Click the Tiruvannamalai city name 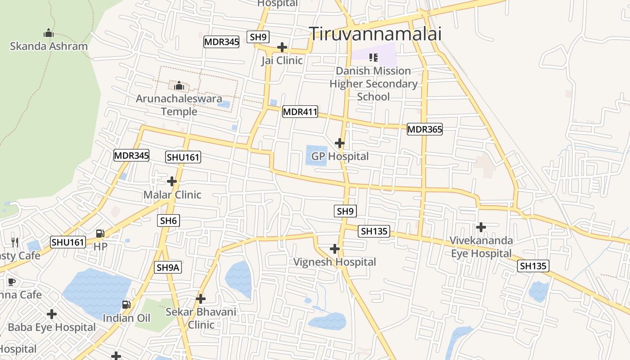pyautogui.click(x=375, y=34)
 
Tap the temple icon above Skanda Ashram pyautogui.click(x=48, y=33)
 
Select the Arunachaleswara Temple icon pyautogui.click(x=179, y=85)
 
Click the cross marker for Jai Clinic pyautogui.click(x=282, y=47)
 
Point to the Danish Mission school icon pyautogui.click(x=373, y=58)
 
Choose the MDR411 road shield pyautogui.click(x=300, y=112)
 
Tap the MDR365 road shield pyautogui.click(x=424, y=130)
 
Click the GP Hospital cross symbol pyautogui.click(x=340, y=143)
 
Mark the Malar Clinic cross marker pyautogui.click(x=172, y=181)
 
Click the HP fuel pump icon pyautogui.click(x=100, y=234)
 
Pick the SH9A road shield pyautogui.click(x=168, y=267)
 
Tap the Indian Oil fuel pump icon pyautogui.click(x=126, y=305)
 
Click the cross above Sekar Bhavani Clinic pyautogui.click(x=201, y=298)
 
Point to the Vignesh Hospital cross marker pyautogui.click(x=335, y=248)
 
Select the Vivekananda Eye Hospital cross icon pyautogui.click(x=481, y=227)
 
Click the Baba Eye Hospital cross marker pyautogui.click(x=52, y=314)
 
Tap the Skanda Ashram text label pyautogui.click(x=49, y=46)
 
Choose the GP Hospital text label pyautogui.click(x=340, y=157)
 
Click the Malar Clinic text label pyautogui.click(x=172, y=195)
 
